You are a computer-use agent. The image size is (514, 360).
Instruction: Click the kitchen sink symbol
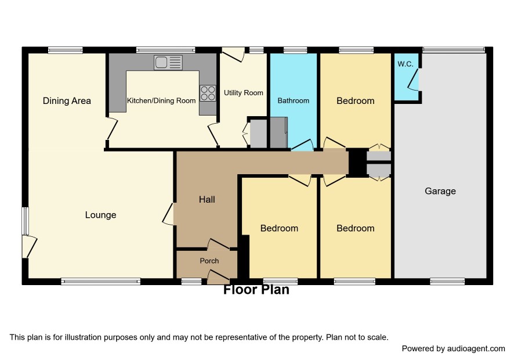(168, 63)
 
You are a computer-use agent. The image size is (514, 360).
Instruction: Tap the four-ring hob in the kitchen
(208, 93)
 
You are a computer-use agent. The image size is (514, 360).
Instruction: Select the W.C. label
(406, 64)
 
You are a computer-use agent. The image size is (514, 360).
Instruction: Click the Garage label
(440, 191)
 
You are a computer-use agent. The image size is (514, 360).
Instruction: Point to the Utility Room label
(244, 93)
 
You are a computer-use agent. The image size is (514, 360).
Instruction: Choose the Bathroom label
(294, 101)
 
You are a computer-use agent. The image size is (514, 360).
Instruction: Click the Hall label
(207, 199)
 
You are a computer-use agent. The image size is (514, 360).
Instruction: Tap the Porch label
(209, 261)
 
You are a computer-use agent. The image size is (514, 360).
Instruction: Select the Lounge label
(100, 215)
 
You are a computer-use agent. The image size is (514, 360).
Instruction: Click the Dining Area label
(67, 101)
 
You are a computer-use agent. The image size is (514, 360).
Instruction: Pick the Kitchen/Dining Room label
(161, 101)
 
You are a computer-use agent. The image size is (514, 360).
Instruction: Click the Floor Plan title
(256, 290)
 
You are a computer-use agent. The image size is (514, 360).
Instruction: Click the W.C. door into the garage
(414, 79)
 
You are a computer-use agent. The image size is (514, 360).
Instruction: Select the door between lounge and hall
(168, 214)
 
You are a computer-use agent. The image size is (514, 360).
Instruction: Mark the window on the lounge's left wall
(26, 221)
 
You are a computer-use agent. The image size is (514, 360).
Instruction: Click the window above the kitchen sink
(165, 50)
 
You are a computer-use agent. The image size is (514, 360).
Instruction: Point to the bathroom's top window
(295, 50)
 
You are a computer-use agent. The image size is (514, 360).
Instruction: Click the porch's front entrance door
(218, 278)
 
